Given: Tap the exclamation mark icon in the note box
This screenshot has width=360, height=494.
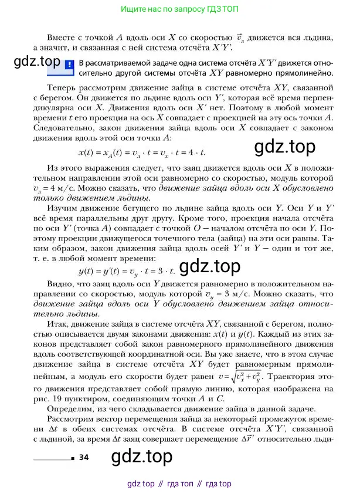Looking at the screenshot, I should coord(69,65).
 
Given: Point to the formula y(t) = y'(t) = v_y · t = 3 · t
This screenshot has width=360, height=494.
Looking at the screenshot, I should coord(127,271).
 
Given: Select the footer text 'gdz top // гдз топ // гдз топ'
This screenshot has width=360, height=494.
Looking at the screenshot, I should coord(179,483).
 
